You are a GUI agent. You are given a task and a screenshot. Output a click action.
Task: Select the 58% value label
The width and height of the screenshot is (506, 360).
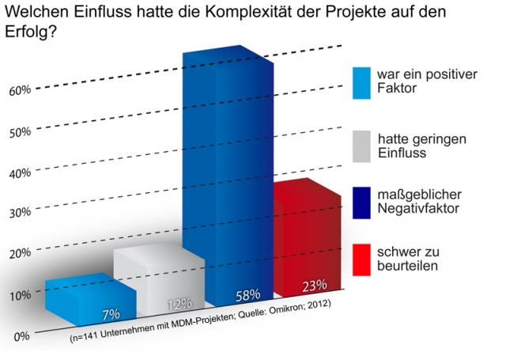point(247,295)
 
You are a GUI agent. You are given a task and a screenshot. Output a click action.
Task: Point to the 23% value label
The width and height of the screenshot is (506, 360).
point(315,285)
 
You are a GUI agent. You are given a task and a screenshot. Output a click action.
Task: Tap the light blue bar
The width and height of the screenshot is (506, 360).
point(87,301)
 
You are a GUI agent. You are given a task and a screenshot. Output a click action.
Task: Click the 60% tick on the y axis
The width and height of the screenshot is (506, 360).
point(20,90)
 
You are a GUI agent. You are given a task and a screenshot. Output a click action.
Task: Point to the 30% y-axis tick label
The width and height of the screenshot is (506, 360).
point(20,212)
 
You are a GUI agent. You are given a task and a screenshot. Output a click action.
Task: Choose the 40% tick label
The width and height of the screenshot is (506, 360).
point(20,172)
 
